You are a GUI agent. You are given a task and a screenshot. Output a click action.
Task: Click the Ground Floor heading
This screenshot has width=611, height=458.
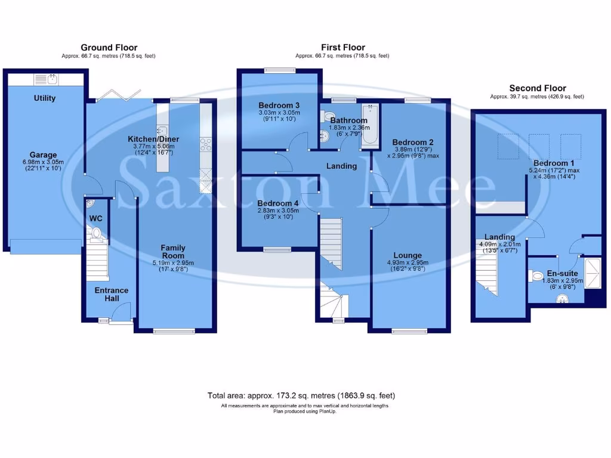pos(109,48)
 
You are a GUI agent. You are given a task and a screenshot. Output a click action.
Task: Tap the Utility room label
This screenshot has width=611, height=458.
pos(44,98)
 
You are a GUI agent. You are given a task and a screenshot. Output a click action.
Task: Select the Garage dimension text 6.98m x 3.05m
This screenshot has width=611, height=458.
pos(44,162)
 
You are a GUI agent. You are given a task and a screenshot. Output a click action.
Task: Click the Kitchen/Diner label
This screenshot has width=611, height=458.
pos(153,139)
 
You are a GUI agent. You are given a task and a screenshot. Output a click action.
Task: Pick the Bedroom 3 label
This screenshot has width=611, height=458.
pos(279,105)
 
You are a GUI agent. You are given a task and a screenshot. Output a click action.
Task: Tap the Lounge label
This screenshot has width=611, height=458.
pos(408,255)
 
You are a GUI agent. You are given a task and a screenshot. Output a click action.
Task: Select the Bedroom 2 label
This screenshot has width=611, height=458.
pos(412,142)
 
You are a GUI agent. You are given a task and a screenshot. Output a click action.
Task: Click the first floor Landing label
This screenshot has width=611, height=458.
pos(341,166)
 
